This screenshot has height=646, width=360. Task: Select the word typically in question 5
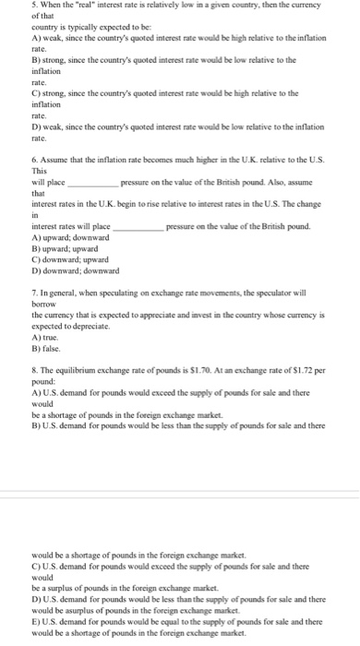coord(82,28)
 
